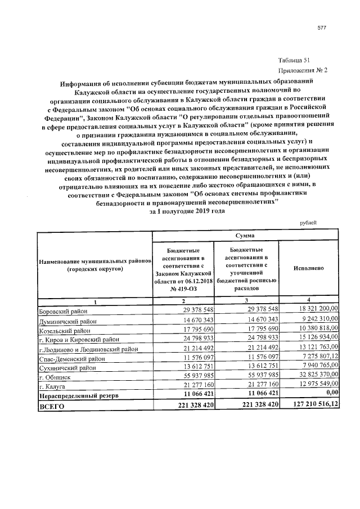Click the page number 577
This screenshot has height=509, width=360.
click(x=322, y=28)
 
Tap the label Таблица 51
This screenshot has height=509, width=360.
click(x=294, y=61)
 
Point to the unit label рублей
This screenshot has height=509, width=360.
click(x=307, y=222)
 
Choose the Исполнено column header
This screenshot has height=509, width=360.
click(x=309, y=268)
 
